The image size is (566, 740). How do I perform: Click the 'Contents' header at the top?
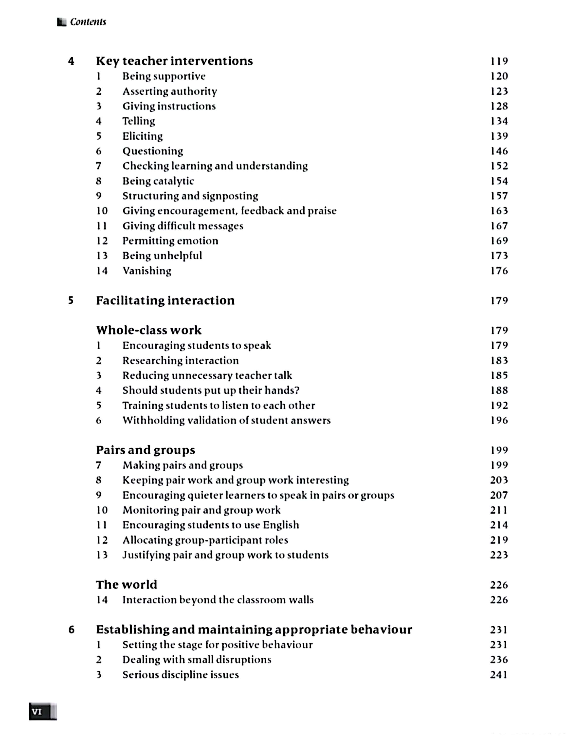click(x=88, y=22)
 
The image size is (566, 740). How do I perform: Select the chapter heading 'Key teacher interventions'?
click(x=174, y=61)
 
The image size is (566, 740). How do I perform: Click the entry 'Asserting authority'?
click(x=169, y=91)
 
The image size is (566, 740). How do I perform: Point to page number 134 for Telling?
click(x=499, y=121)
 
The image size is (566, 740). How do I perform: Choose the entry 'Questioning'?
click(x=153, y=151)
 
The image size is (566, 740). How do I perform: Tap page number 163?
click(x=499, y=211)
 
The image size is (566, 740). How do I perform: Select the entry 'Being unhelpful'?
click(x=162, y=256)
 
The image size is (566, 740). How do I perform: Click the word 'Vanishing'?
click(x=147, y=271)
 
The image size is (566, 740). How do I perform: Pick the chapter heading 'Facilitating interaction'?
click(x=165, y=301)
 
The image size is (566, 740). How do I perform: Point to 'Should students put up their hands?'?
click(x=211, y=390)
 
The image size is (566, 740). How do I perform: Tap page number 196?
click(x=499, y=420)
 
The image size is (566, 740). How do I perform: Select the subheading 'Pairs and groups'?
click(x=146, y=450)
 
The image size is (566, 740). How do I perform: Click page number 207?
click(x=499, y=495)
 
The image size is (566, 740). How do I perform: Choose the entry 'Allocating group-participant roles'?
click(x=205, y=540)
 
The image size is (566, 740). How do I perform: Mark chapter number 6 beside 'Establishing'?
click(x=72, y=629)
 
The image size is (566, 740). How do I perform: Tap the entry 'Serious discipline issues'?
click(x=181, y=675)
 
